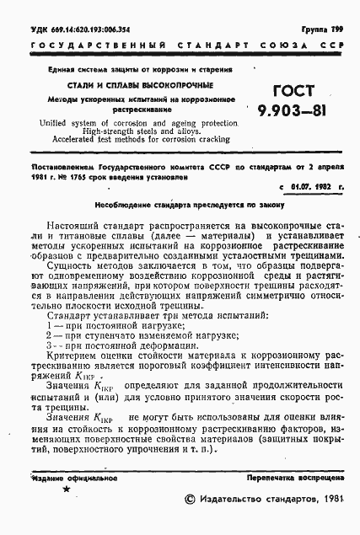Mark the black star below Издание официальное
click(x=67, y=490)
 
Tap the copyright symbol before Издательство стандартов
click(x=189, y=500)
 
